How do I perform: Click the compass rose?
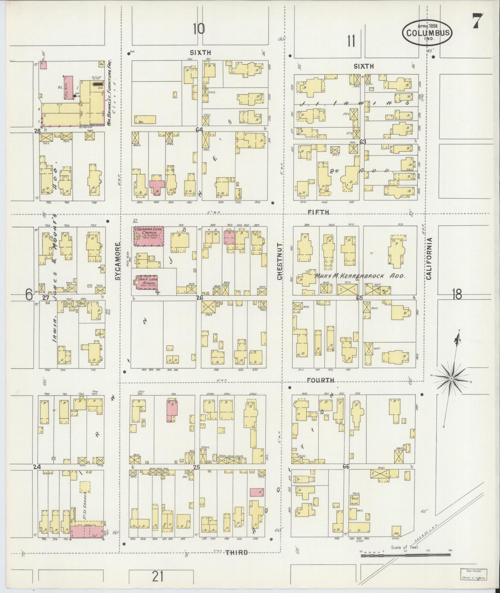451,379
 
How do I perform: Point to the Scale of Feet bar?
405,555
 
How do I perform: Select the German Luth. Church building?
149,236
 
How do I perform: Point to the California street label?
429,258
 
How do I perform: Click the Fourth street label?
321,380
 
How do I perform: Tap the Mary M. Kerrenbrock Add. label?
360,276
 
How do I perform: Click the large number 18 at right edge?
457,295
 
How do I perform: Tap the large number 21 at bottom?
158,577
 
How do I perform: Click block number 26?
199,298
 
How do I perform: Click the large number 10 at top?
199,29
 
